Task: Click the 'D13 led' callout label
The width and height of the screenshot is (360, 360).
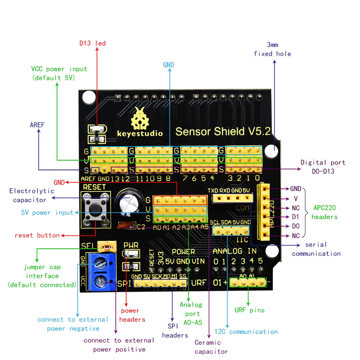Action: tap(93, 44)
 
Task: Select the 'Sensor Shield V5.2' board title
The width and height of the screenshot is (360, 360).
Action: tap(222, 131)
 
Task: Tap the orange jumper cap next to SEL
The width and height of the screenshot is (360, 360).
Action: tap(108, 247)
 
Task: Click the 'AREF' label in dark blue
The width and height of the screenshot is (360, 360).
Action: tap(37, 125)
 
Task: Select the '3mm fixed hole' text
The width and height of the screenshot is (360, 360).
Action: tap(273, 49)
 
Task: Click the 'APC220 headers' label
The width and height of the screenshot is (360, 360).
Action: tap(324, 212)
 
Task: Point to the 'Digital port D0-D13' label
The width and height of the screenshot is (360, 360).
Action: tap(323, 167)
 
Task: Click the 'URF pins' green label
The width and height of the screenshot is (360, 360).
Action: tap(249, 310)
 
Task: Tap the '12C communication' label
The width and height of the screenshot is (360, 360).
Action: tap(246, 332)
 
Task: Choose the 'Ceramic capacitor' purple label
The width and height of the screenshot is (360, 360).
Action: tap(211, 347)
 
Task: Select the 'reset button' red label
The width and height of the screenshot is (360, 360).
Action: tap(37, 235)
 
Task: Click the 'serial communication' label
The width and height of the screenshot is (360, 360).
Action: tap(316, 249)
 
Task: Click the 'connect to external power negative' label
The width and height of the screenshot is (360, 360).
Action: tap(73, 324)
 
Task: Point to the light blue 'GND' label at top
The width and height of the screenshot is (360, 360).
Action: tap(168, 65)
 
